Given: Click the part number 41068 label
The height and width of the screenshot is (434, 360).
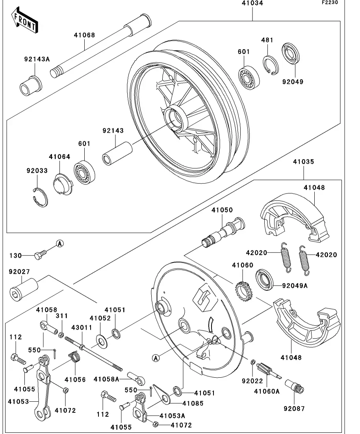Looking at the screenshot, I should tap(84, 35).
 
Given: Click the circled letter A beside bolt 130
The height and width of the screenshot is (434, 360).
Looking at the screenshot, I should tap(59, 244).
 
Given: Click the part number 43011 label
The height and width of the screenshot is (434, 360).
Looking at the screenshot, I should tap(81, 327).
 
